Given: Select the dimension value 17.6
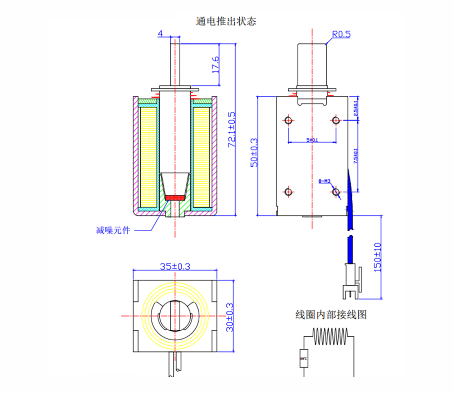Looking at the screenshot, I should tap(215, 65).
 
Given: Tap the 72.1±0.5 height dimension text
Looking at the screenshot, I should tap(232, 129).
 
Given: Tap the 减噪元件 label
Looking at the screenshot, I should tap(113, 230).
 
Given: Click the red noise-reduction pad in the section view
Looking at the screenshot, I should tap(175, 198).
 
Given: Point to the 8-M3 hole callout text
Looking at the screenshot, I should tap(324, 181).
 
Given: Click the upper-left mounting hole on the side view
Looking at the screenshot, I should tap(288, 120).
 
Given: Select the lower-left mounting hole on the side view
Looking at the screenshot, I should tap(288, 192).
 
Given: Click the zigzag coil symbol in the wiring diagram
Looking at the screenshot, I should tap(330, 337).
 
